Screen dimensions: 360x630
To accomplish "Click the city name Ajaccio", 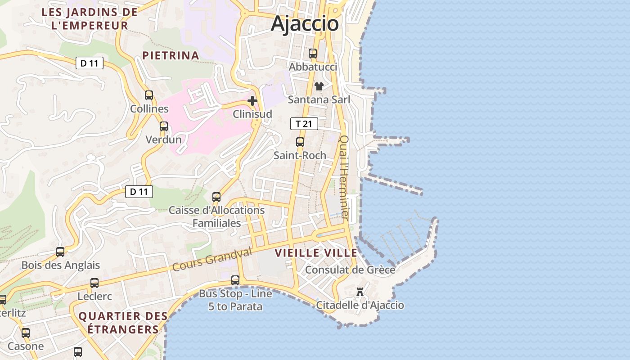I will [305, 23].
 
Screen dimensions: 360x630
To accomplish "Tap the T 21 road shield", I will [304, 124].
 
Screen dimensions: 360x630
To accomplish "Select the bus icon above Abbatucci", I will [313, 54].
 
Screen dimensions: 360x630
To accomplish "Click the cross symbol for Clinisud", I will [252, 101].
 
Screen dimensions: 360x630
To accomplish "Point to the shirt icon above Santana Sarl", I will [319, 86].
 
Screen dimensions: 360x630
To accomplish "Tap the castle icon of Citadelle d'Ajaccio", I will [360, 292].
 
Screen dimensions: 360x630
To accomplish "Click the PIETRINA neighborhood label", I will [171, 55].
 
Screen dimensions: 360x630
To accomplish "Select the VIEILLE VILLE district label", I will [316, 253].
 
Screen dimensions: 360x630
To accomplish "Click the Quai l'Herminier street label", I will [344, 177].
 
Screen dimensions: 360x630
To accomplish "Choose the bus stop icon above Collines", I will [149, 95].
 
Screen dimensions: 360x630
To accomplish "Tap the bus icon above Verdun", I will [164, 126].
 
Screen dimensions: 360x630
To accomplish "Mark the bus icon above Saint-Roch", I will [300, 142].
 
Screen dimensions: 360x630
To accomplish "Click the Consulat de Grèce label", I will [350, 270].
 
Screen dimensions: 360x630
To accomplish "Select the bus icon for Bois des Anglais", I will [60, 252].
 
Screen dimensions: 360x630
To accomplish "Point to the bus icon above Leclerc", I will [94, 283].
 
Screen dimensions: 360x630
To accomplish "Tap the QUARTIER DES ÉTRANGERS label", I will [123, 323].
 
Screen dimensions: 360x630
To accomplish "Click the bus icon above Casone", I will [26, 333].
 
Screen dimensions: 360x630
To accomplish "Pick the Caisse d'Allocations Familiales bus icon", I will [216, 197].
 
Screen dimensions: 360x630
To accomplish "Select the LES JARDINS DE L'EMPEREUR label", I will [90, 19].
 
